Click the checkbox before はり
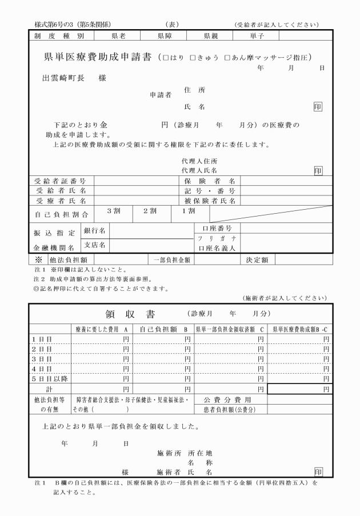166,58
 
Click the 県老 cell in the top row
119,36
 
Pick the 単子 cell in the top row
257,36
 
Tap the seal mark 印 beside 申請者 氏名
318,107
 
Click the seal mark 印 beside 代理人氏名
318,170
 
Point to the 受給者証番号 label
61,181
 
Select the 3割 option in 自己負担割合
113,211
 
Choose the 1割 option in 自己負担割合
188,211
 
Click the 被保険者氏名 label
210,201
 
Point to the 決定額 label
257,259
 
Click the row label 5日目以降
46,378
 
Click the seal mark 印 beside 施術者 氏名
318,472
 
